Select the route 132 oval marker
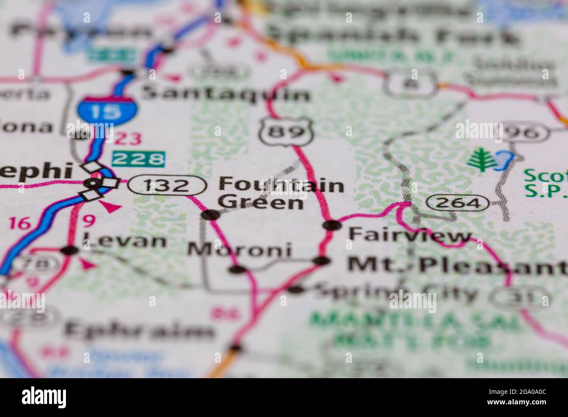(x=167, y=186)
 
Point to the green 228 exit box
(x=139, y=158)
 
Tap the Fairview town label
(x=409, y=236)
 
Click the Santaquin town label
(x=226, y=94)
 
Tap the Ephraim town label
(x=139, y=331)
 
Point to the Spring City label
(x=395, y=293)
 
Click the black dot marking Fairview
(x=332, y=225)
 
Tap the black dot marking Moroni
(x=237, y=270)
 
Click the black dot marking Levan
(x=69, y=250)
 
